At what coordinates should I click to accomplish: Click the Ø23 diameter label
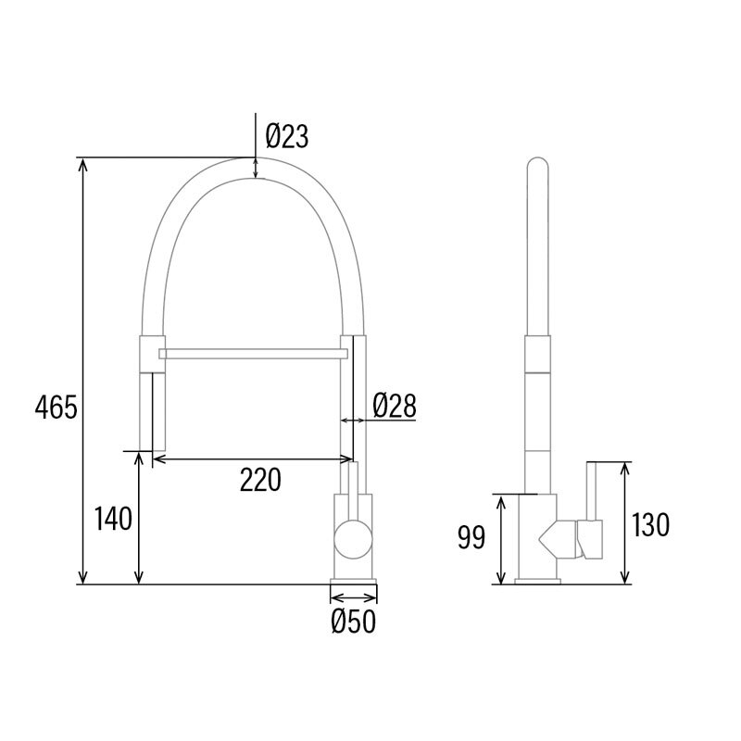(x=285, y=137)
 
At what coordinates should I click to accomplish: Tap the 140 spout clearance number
(x=114, y=520)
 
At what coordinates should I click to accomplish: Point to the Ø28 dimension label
(x=395, y=405)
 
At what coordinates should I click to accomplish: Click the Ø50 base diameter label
(x=354, y=622)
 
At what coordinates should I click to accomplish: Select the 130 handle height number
(x=650, y=525)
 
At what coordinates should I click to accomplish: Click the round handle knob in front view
(x=352, y=538)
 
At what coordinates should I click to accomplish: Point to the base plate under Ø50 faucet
(x=354, y=583)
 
